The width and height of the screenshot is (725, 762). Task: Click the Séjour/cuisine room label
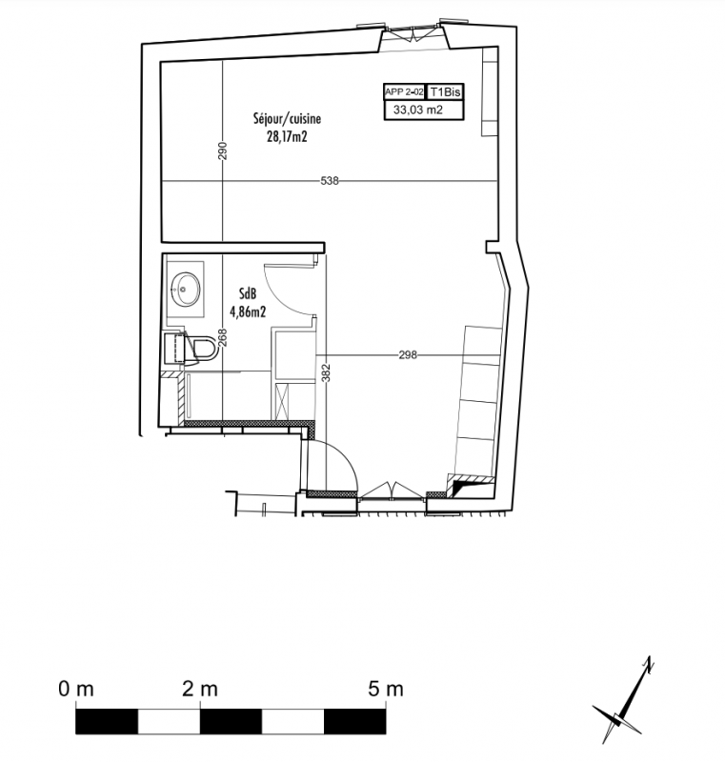click(x=287, y=118)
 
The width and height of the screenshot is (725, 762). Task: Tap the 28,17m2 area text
click(x=287, y=137)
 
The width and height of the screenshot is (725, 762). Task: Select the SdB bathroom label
click(x=248, y=293)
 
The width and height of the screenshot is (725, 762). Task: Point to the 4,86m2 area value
click(x=248, y=311)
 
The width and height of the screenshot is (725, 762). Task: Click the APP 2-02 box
click(x=404, y=91)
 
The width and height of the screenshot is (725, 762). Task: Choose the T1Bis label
click(x=445, y=91)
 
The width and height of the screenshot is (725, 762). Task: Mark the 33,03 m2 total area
click(x=418, y=110)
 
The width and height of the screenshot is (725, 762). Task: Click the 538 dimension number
click(x=330, y=181)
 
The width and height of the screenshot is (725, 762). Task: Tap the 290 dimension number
click(x=223, y=150)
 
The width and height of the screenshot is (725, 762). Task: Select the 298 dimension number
click(x=408, y=355)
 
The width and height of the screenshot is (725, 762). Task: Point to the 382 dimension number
click(x=327, y=373)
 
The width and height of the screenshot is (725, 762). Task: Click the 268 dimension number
click(x=223, y=338)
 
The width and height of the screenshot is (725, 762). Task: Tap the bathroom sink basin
click(x=185, y=290)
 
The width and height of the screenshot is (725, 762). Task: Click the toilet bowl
click(x=204, y=348)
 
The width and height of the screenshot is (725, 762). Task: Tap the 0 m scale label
click(x=76, y=689)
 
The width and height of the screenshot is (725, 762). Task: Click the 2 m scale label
click(x=200, y=689)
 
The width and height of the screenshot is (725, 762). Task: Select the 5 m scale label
click(x=386, y=689)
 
